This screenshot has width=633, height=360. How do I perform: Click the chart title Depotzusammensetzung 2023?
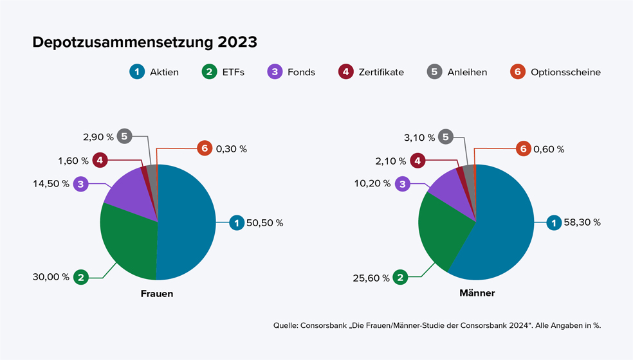point(145,42)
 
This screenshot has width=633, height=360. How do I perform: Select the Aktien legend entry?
point(154,72)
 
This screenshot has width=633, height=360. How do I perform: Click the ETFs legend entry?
point(223,72)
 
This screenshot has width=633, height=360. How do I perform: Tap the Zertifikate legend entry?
point(371,72)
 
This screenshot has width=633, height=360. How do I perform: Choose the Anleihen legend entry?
point(457,72)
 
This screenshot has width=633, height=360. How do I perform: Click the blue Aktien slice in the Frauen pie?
point(187,222)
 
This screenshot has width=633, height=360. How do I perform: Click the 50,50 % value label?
point(264,223)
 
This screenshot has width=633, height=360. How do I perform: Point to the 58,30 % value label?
point(582,222)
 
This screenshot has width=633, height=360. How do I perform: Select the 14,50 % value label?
point(51,184)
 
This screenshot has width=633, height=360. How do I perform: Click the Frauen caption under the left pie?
point(157,294)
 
